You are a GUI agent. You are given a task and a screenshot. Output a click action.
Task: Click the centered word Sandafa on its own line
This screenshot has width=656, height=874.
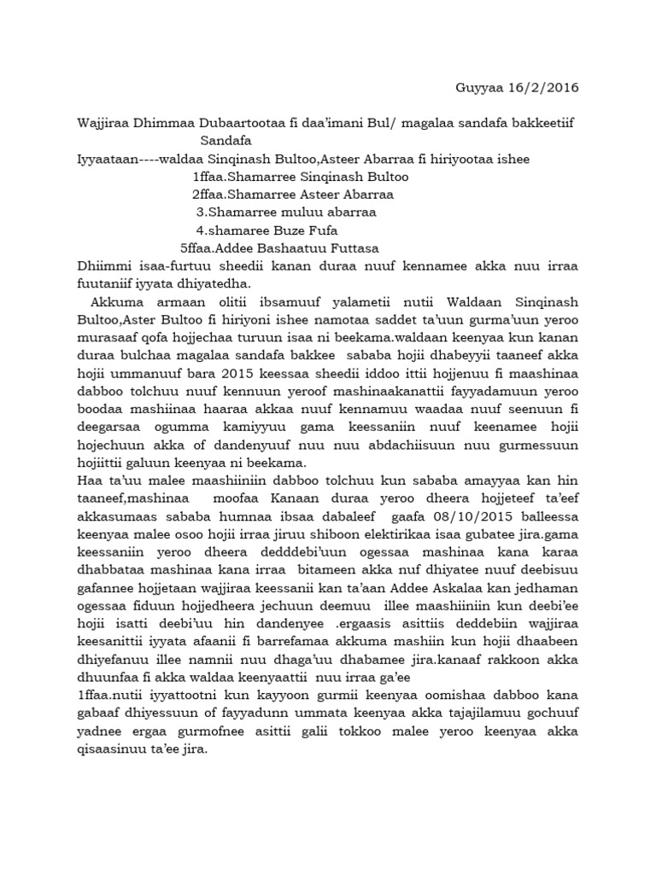pyautogui.click(x=225, y=141)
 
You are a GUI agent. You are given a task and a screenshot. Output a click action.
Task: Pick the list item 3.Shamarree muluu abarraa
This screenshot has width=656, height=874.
pyautogui.click(x=286, y=213)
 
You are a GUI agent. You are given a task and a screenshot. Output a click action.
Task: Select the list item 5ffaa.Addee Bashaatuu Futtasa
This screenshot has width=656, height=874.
pyautogui.click(x=284, y=248)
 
